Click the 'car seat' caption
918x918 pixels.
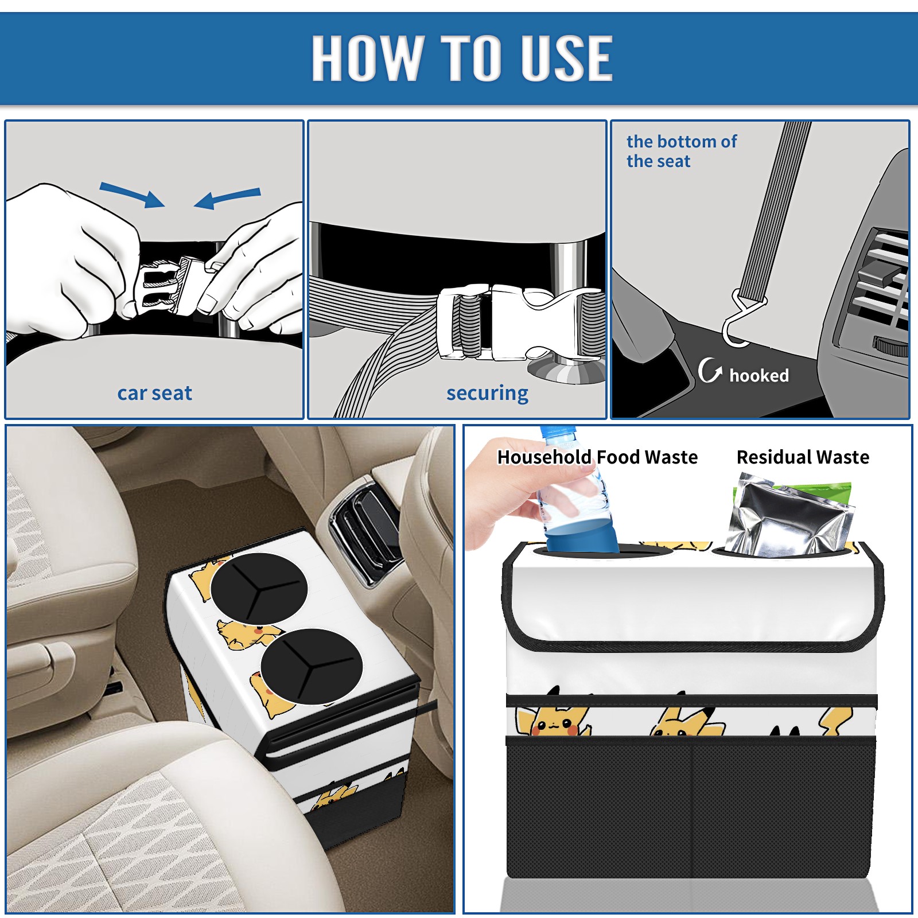[x=154, y=394]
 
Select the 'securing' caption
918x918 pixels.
[x=487, y=394]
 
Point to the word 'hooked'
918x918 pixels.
[x=758, y=375]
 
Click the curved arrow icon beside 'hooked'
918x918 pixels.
[x=710, y=370]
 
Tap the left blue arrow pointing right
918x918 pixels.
[x=132, y=195]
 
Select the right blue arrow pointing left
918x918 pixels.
[x=227, y=198]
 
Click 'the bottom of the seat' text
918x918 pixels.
[x=681, y=151]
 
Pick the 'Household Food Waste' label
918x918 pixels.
[x=597, y=457]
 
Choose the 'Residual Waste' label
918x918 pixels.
[x=803, y=457]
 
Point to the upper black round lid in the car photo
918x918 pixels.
[x=259, y=588]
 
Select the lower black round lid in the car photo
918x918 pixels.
[x=311, y=666]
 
